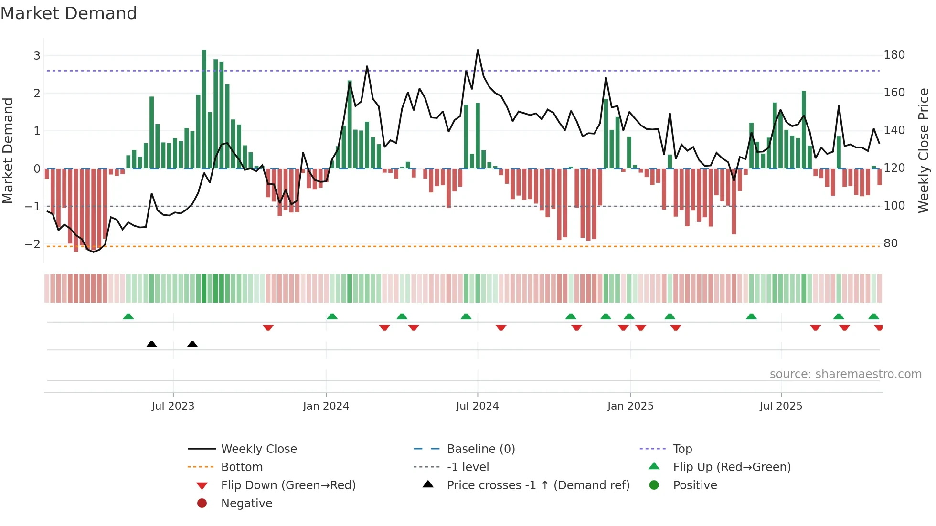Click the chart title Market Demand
pyautogui.click(x=69, y=13)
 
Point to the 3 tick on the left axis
pyautogui.click(x=37, y=56)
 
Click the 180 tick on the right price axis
pyautogui.click(x=894, y=55)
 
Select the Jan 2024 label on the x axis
pyautogui.click(x=326, y=406)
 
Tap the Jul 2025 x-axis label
pyautogui.click(x=781, y=406)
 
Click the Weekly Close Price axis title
pyautogui.click(x=924, y=150)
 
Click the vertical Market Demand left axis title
pyautogui.click(x=8, y=150)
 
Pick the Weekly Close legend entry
pyautogui.click(x=258, y=449)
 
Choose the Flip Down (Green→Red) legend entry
pyautogui.click(x=288, y=485)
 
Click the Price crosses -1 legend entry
pyautogui.click(x=538, y=485)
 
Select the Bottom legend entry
pyautogui.click(x=242, y=467)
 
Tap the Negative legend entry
pyautogui.click(x=246, y=504)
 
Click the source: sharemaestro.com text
pyautogui.click(x=845, y=374)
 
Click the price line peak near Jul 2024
pyautogui.click(x=478, y=50)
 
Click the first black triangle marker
pyautogui.click(x=151, y=344)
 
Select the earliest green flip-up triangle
pyautogui.click(x=128, y=316)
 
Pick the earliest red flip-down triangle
pyautogui.click(x=268, y=327)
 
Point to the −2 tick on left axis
pyautogui.click(x=32, y=244)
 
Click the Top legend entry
pyautogui.click(x=682, y=449)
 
